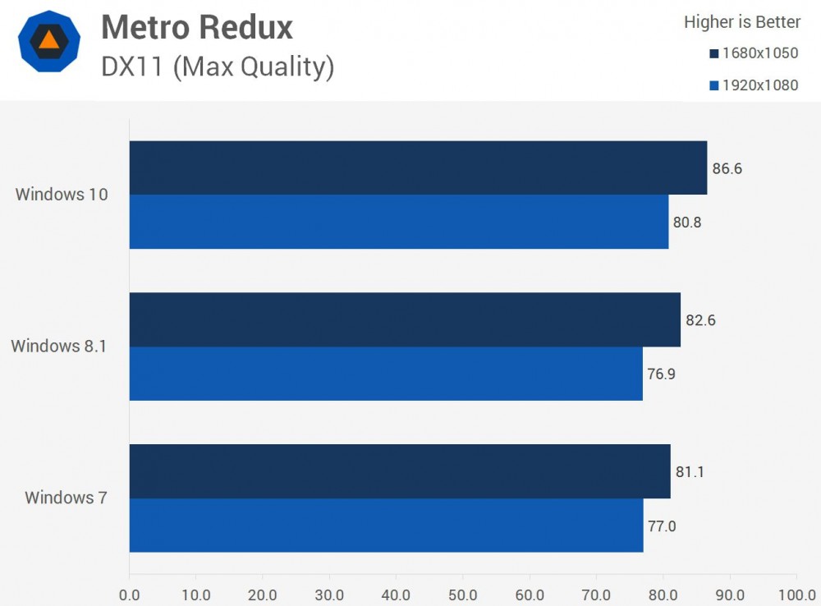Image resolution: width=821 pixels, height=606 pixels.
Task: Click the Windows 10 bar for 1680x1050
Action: tap(418, 168)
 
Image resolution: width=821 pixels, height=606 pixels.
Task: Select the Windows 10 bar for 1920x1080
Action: tap(399, 222)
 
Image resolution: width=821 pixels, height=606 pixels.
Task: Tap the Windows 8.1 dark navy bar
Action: tap(405, 319)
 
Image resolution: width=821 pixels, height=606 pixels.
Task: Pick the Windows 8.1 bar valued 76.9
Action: tap(386, 374)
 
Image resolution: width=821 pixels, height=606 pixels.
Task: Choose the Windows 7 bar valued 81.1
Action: tap(400, 471)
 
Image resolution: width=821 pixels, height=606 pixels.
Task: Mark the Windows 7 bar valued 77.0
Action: tap(386, 526)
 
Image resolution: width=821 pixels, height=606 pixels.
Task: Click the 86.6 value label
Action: tap(727, 169)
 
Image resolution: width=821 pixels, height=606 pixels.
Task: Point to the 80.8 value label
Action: tap(686, 223)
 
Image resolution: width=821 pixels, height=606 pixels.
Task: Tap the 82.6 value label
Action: tap(700, 320)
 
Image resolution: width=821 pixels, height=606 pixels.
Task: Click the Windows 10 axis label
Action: tap(62, 195)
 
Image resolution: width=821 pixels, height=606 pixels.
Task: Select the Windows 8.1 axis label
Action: tap(59, 346)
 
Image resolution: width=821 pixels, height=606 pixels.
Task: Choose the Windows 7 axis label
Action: tap(66, 498)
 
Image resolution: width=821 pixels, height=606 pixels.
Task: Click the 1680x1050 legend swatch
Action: tap(714, 54)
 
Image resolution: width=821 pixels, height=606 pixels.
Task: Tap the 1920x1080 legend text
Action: tap(759, 85)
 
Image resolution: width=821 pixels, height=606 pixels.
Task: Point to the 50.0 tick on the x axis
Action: tap(463, 594)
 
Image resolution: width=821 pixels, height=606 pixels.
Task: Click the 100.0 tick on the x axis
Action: tap(796, 594)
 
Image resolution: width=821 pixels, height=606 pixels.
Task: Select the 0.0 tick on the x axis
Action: tap(129, 594)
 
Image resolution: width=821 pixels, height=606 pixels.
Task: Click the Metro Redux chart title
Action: tap(197, 28)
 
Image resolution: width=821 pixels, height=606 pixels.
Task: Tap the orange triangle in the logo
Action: tap(49, 39)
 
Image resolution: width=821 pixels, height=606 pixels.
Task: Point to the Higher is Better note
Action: tap(742, 22)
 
